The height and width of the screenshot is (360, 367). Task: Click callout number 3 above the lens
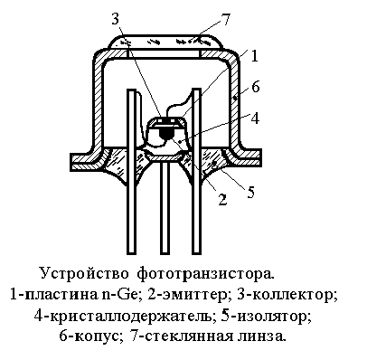tap(115, 20)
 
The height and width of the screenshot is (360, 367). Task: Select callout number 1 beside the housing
tap(255, 56)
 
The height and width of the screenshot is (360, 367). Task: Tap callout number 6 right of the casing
tap(255, 87)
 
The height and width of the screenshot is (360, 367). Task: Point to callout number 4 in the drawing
tap(255, 118)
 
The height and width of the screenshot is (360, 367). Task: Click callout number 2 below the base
tap(222, 199)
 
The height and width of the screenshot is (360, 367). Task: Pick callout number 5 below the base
tap(250, 192)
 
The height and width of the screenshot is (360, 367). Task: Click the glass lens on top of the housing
tap(165, 42)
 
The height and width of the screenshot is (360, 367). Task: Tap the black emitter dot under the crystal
tap(165, 133)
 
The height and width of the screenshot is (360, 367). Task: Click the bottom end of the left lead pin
tap(131, 252)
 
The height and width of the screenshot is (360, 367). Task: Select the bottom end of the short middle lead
tap(165, 252)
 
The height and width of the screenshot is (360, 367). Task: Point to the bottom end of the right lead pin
tap(196, 252)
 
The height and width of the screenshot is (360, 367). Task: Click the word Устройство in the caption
tap(84, 274)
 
